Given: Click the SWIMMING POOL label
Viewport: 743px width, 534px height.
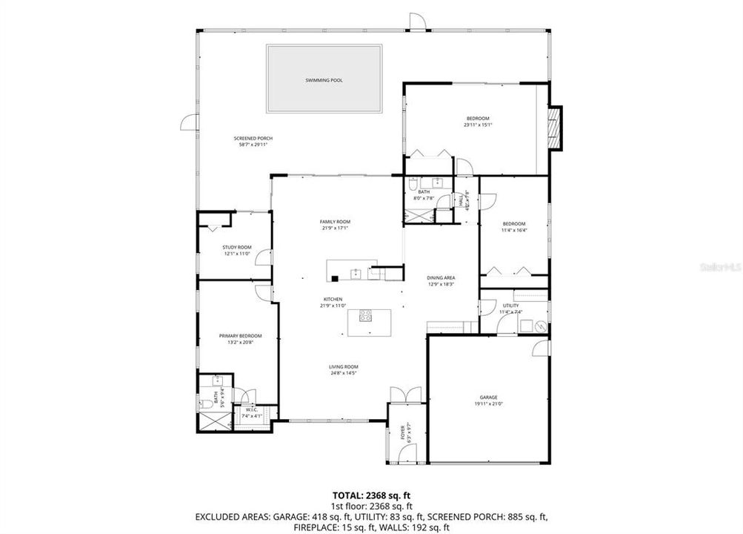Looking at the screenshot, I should [324, 80].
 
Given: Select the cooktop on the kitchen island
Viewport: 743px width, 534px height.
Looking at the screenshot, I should [365, 317].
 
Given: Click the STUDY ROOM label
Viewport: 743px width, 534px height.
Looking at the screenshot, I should [237, 247].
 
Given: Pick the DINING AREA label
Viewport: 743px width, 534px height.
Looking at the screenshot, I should [441, 277].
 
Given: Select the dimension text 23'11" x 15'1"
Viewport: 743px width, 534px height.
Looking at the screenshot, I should [478, 125].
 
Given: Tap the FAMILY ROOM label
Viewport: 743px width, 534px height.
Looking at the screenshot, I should [335, 222].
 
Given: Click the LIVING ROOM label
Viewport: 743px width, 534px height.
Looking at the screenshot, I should [344, 367].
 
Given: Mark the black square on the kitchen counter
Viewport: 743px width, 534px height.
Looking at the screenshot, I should [336, 279].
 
